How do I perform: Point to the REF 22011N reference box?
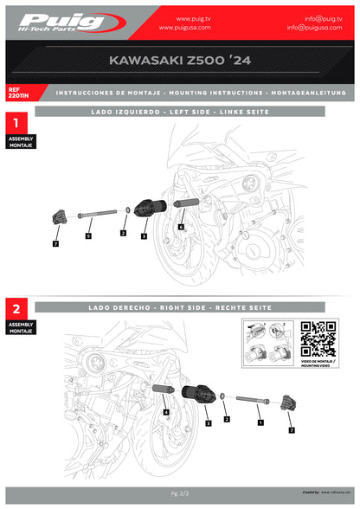pyautogui.click(x=19, y=92)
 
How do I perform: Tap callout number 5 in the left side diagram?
pyautogui.click(x=87, y=235)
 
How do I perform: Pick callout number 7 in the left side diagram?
pyautogui.click(x=55, y=245)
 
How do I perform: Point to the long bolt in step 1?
pyautogui.click(x=97, y=212)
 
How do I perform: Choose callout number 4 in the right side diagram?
pyautogui.click(x=165, y=414)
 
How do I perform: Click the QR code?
pyautogui.click(x=318, y=338)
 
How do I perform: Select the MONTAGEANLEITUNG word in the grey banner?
pyautogui.click(x=308, y=92)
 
